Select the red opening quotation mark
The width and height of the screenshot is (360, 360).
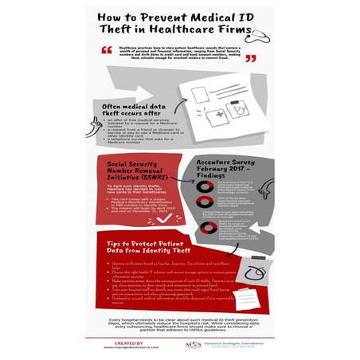(x=106, y=50)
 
